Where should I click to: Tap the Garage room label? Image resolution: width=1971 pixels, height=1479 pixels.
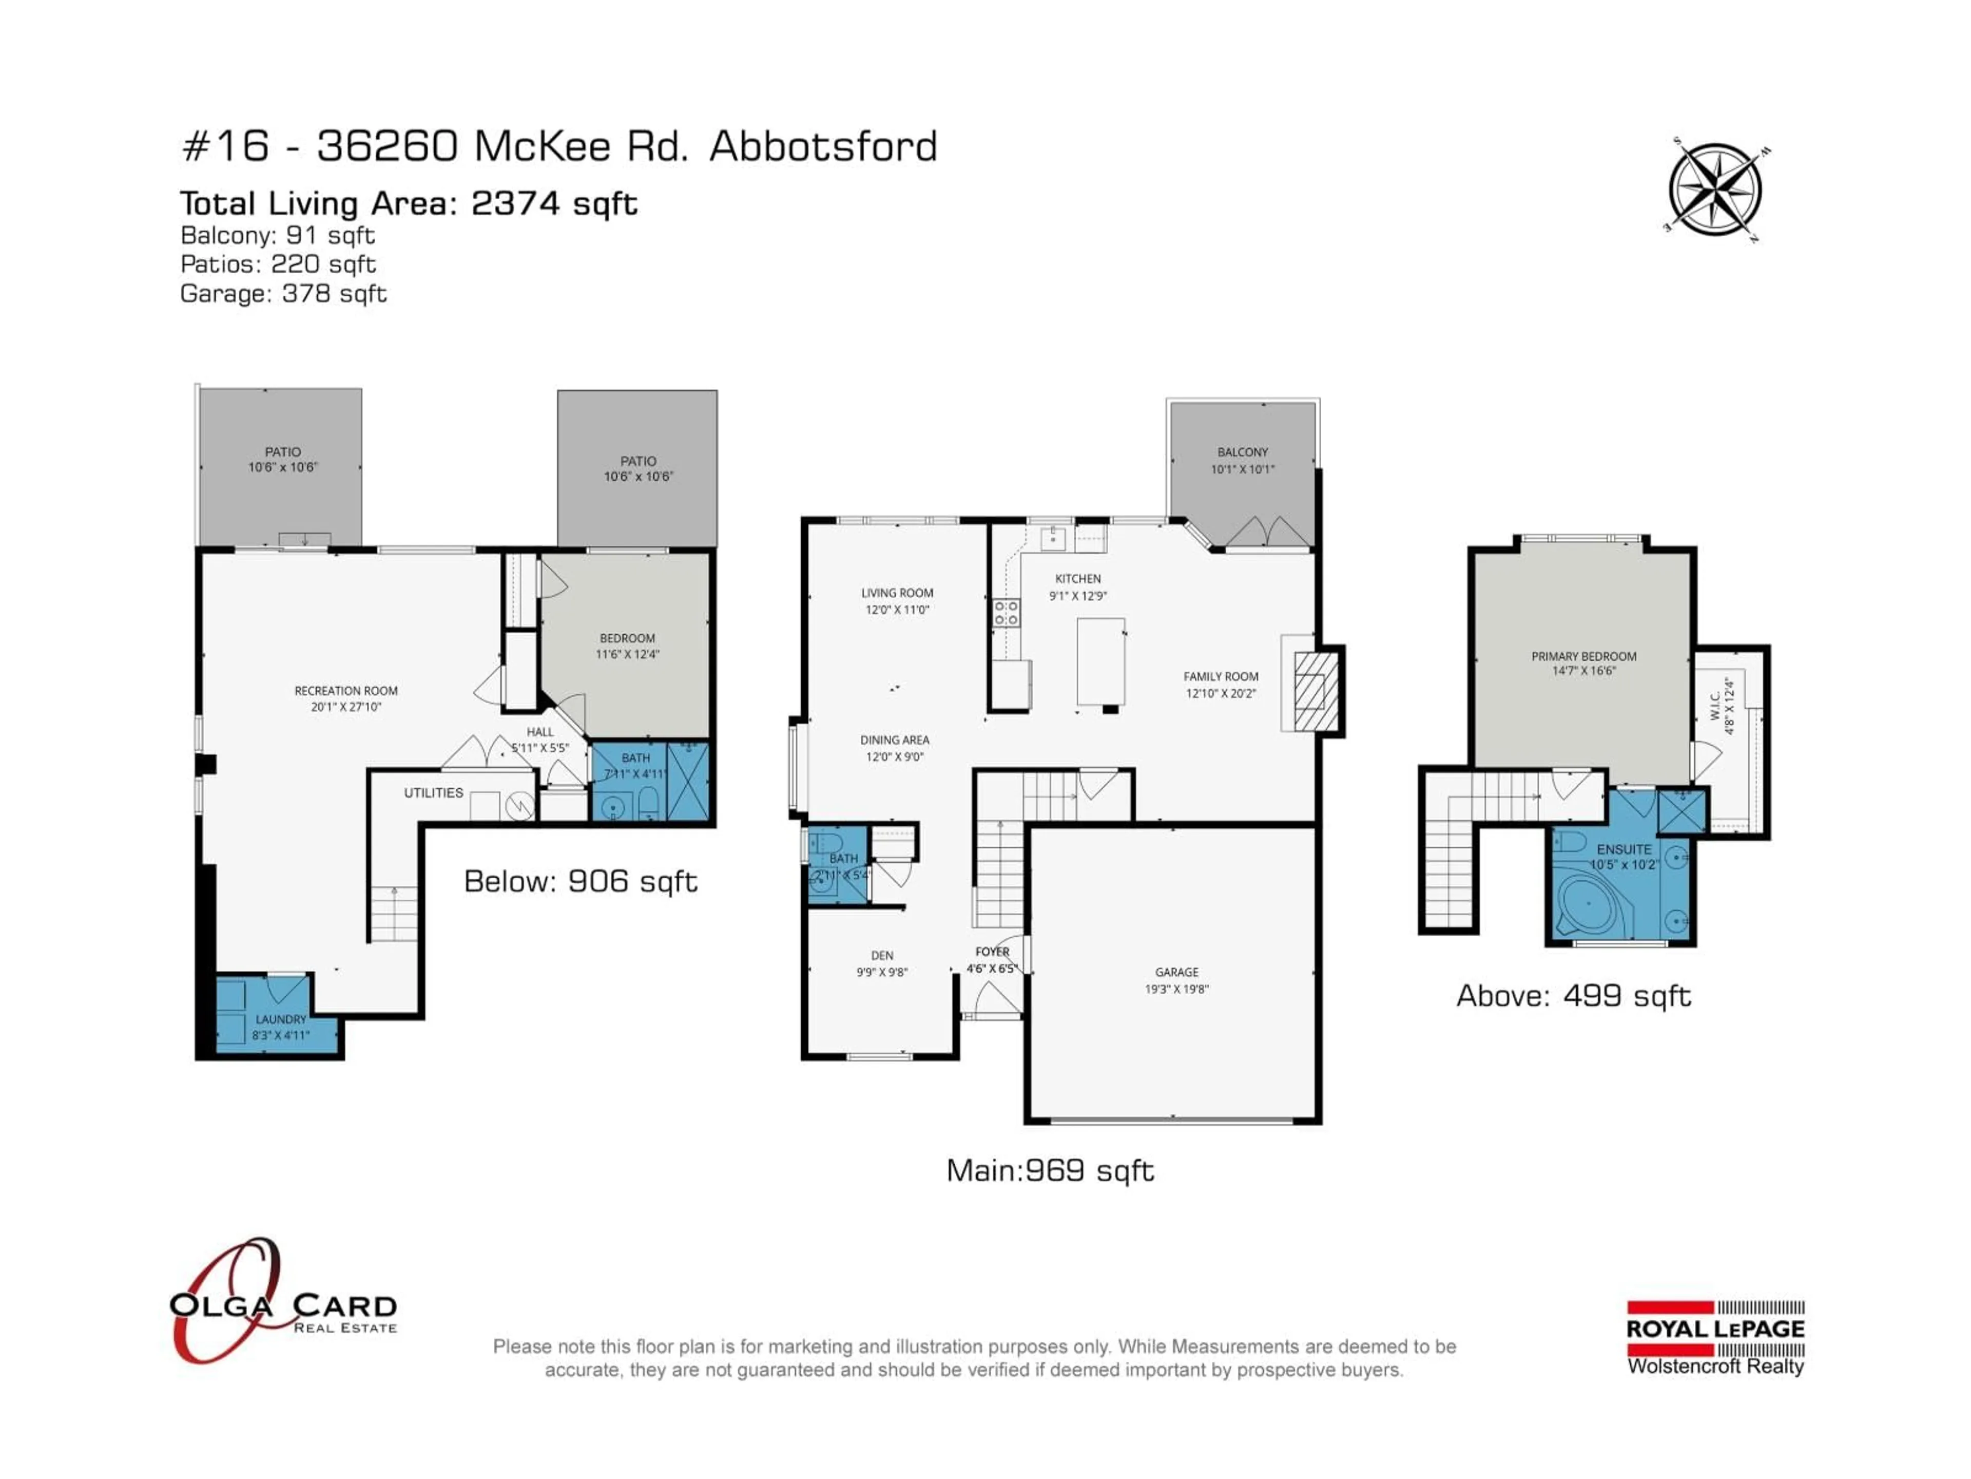(x=1176, y=972)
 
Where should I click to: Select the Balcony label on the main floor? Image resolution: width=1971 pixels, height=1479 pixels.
(x=1242, y=452)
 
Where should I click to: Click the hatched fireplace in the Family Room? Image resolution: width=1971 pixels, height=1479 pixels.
(x=1317, y=691)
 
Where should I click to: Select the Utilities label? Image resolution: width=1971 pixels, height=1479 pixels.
(x=433, y=792)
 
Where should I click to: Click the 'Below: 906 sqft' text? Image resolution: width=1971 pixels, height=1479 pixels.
(x=580, y=882)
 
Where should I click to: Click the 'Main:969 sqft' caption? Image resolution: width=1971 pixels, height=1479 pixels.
(x=1050, y=1170)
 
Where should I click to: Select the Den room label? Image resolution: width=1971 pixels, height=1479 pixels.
(x=881, y=955)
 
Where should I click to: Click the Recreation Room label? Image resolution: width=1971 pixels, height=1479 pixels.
(x=346, y=691)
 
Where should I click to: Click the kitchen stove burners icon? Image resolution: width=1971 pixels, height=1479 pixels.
(x=1006, y=613)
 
